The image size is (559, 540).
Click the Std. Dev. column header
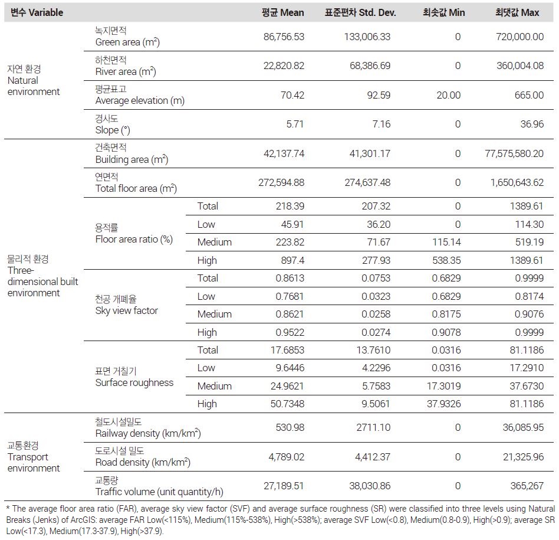(360, 12)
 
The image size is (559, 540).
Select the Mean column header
(282, 12)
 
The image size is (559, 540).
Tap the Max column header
(517, 12)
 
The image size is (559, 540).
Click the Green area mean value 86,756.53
(284, 37)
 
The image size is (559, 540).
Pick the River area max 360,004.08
(519, 66)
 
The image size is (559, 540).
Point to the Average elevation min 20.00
(449, 95)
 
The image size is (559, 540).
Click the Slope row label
(113, 124)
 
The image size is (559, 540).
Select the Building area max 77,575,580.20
(514, 153)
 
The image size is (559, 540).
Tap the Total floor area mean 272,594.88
(281, 182)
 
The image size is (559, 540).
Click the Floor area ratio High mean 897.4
(292, 260)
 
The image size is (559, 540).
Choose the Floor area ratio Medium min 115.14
(446, 242)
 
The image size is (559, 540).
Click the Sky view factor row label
(127, 305)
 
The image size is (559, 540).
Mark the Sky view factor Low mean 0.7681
(290, 296)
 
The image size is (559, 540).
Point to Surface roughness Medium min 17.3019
(444, 386)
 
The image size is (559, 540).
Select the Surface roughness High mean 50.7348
(287, 404)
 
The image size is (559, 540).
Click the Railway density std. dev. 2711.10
(373, 427)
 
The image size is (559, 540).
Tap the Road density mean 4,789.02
(286, 457)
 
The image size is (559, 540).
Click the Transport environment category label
(34, 457)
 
